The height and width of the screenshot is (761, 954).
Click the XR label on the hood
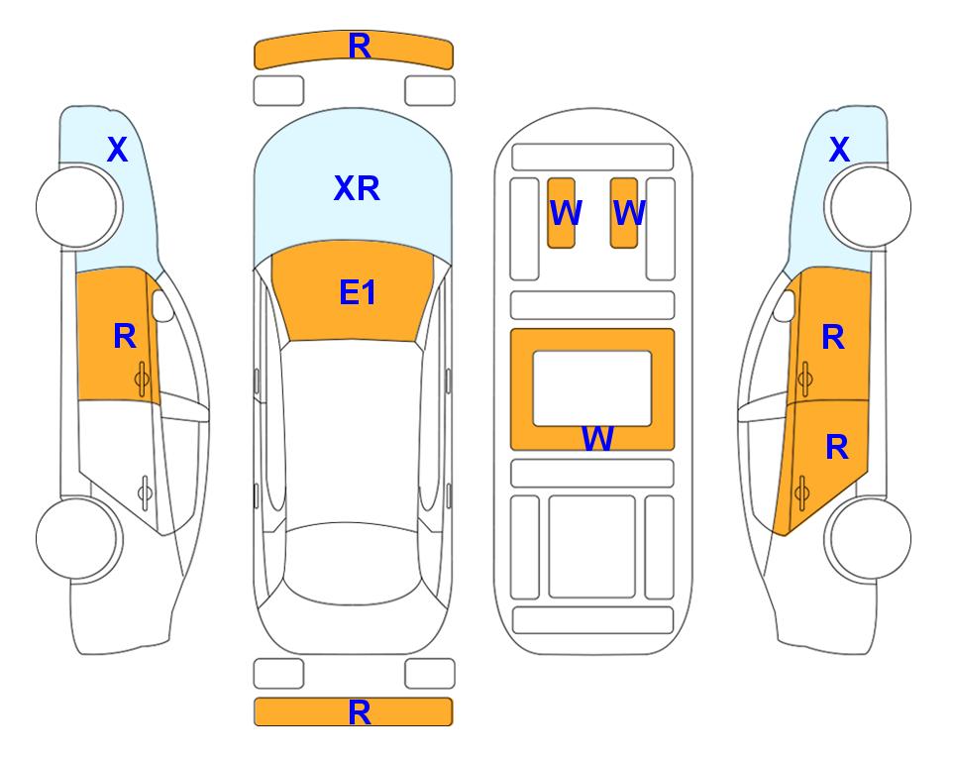[357, 188]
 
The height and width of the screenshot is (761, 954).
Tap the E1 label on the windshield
[358, 292]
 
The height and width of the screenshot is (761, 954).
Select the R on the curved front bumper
[360, 47]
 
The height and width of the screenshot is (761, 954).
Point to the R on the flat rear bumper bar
[360, 712]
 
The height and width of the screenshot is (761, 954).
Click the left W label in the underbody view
[566, 212]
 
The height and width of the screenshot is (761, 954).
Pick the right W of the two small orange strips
[629, 212]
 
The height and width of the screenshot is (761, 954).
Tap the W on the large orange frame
[597, 438]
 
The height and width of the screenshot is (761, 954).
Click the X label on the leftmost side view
[118, 150]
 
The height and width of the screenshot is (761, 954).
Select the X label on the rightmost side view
[839, 150]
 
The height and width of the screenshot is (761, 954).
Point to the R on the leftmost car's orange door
[125, 336]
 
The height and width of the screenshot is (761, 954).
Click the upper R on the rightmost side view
[833, 337]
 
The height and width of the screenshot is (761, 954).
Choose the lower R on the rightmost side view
[837, 448]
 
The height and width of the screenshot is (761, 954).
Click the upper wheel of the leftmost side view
[78, 207]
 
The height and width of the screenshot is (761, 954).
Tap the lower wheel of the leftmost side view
[78, 539]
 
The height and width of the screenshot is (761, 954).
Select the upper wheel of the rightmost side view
[869, 207]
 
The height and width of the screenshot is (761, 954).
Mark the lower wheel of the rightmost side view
[869, 539]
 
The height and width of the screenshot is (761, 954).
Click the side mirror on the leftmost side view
[161, 305]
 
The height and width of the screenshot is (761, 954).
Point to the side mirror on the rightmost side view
[785, 305]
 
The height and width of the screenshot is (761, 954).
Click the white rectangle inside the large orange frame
[592, 388]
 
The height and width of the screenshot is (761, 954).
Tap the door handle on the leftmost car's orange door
[143, 380]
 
